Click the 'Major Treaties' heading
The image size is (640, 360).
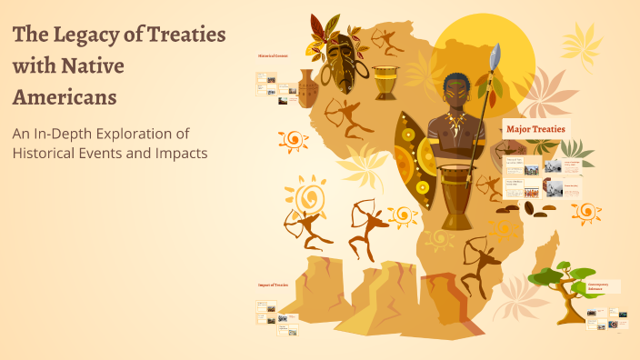[x=535, y=129]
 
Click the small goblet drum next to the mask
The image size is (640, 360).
[x=385, y=83]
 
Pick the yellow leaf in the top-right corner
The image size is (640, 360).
[x=581, y=41]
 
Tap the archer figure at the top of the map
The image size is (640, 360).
[x=389, y=40]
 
